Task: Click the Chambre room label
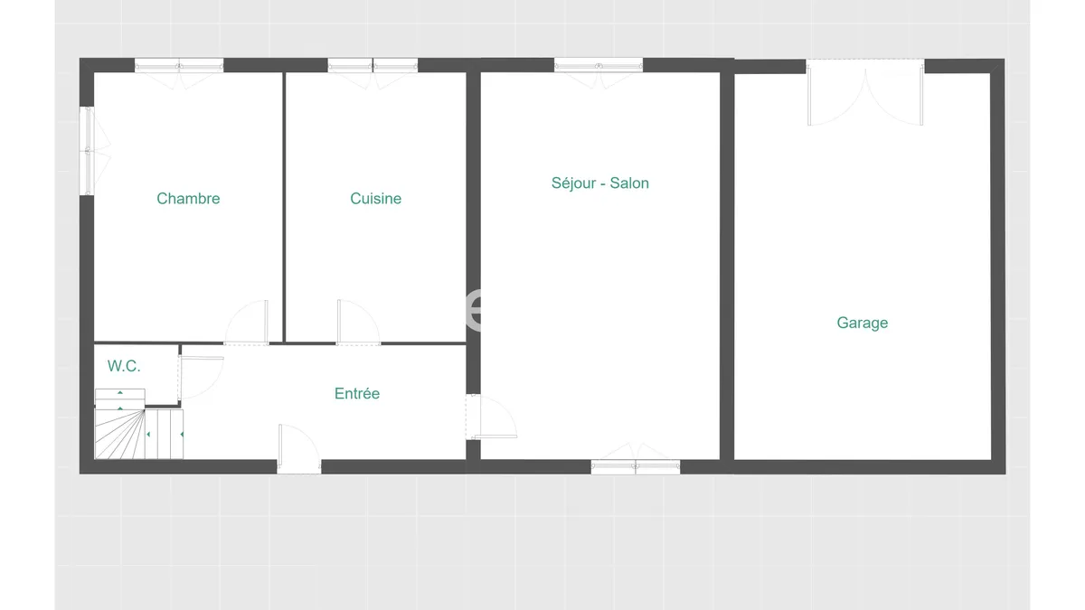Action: tap(188, 199)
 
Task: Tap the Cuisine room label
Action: tap(375, 199)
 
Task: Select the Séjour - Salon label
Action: tap(600, 183)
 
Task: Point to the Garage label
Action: tap(863, 323)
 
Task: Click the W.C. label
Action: tap(124, 366)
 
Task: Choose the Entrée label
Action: tap(357, 393)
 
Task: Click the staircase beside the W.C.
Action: tap(138, 424)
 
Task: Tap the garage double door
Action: tap(865, 92)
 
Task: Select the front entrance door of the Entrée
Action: tap(299, 449)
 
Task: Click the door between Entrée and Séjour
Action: tap(491, 417)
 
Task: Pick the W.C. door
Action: tap(201, 378)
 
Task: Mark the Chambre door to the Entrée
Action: tap(246, 323)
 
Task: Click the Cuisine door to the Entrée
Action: tap(358, 323)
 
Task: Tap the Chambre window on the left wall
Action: tap(87, 151)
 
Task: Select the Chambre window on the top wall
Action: tap(179, 65)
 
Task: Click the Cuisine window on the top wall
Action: tap(373, 65)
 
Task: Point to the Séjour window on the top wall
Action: tap(599, 65)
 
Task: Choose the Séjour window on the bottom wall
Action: tap(636, 466)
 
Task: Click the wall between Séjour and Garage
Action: tap(727, 266)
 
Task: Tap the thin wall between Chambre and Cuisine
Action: tap(284, 207)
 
